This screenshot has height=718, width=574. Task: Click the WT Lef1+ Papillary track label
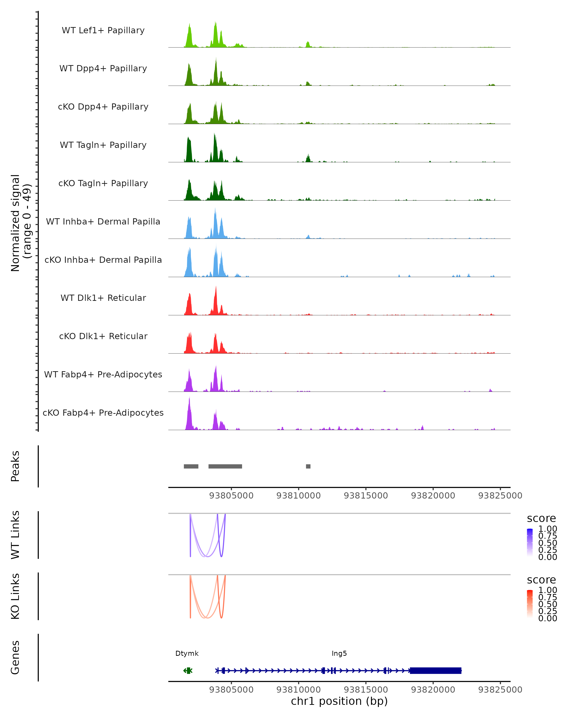pyautogui.click(x=103, y=30)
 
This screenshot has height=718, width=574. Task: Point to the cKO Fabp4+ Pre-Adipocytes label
pyautogui.click(x=103, y=413)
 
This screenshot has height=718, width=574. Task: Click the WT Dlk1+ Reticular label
pyautogui.click(x=103, y=298)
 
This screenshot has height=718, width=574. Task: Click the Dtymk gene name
pyautogui.click(x=187, y=653)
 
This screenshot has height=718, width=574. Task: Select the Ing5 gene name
pyautogui.click(x=339, y=653)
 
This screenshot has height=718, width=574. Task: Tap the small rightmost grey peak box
pyautogui.click(x=308, y=466)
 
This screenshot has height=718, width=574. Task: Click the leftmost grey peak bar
pyautogui.click(x=191, y=466)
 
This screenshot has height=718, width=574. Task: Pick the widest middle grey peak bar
pyautogui.click(x=225, y=466)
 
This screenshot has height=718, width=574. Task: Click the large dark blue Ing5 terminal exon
pyautogui.click(x=436, y=670)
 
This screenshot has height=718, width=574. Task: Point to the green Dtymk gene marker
pyautogui.click(x=188, y=670)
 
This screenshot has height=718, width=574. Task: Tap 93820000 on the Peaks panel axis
pyautogui.click(x=433, y=496)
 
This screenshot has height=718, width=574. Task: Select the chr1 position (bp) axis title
pyautogui.click(x=339, y=701)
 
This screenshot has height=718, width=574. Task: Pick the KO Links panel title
pyautogui.click(x=15, y=596)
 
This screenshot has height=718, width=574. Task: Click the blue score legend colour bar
pyautogui.click(x=530, y=543)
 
